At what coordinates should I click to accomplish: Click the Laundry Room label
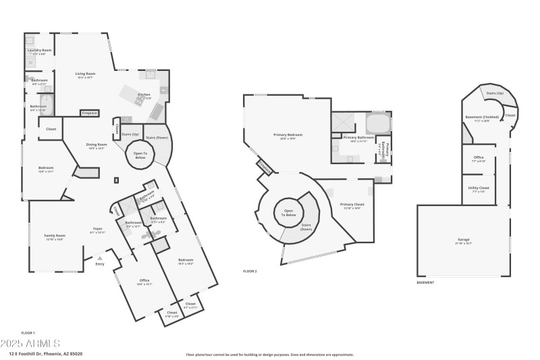point(39,51)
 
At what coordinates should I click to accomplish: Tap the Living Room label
point(84,74)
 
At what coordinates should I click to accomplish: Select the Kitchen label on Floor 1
point(144,95)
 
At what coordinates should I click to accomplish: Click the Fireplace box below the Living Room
point(89,113)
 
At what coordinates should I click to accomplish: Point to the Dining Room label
point(97,145)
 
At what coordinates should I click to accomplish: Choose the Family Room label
point(54,236)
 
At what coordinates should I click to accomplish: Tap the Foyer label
point(97,229)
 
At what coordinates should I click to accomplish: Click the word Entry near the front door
point(101,264)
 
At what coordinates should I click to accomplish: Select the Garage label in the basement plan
point(464,240)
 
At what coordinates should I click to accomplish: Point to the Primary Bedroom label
point(288,135)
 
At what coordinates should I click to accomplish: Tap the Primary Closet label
point(352,205)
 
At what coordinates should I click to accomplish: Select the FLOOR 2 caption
point(250,271)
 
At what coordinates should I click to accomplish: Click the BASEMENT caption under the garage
point(425,282)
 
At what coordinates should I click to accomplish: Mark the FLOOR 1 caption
point(28,333)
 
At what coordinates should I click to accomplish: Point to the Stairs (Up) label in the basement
point(495,93)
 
